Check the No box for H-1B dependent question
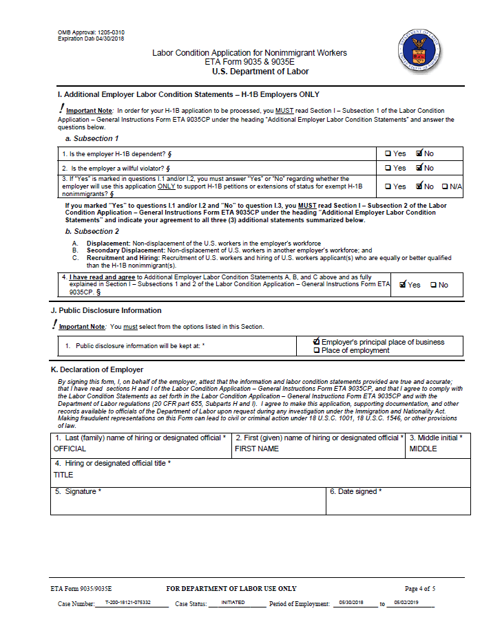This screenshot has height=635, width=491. pos(419,153)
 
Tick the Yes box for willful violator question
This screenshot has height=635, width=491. pos(388,168)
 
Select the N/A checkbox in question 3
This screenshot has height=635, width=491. pos(445,186)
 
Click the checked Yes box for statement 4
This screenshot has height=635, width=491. pos(403,284)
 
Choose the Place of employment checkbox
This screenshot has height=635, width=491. pos(317,350)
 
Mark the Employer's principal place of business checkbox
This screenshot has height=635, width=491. pos(317,342)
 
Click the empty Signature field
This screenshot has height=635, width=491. pos(187,504)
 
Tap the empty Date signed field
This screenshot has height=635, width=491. pos(398,504)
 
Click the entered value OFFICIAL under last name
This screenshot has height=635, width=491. pos(70,449)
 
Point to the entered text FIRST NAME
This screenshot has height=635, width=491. pos(257,449)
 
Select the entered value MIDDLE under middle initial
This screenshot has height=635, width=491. pos(423,449)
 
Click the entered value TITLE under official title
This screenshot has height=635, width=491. pos(63,475)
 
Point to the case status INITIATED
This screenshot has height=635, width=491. pos(233,603)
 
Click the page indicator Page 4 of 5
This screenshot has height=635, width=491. pos(420,589)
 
